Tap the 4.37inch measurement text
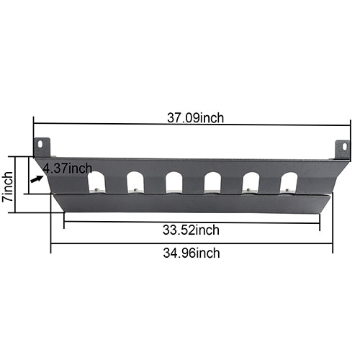click(x=67, y=168)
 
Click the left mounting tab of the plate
click(x=42, y=147)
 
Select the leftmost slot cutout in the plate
click(x=96, y=182)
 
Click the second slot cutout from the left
click(x=135, y=182)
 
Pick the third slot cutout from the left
click(x=174, y=182)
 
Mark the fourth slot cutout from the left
click(x=212, y=182)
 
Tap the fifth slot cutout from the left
click(x=251, y=182)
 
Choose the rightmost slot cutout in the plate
click(x=289, y=182)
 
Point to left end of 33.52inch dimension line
click(x=64, y=222)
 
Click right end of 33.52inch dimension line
click(x=319, y=222)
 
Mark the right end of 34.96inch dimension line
click(x=332, y=245)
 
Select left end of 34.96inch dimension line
click(x=51, y=245)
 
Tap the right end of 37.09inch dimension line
click(x=351, y=125)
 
